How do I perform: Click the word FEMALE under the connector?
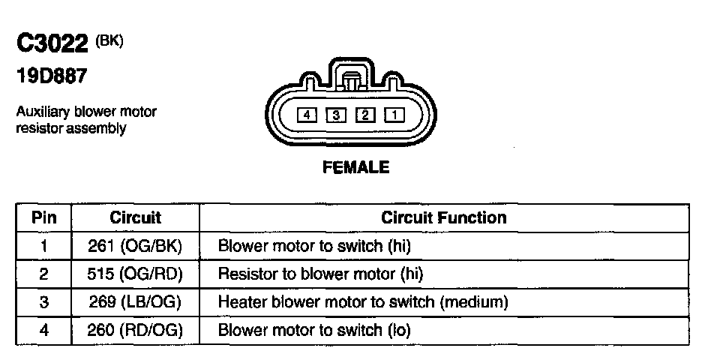[355, 167]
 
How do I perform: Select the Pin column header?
[43, 218]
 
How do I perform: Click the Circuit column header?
[136, 218]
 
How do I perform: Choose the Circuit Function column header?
[443, 218]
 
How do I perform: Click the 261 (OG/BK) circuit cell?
[136, 246]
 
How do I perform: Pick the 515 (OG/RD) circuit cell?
[136, 274]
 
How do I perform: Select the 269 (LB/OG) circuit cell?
[136, 302]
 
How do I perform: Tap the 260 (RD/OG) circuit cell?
[136, 330]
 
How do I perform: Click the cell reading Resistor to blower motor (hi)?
[320, 274]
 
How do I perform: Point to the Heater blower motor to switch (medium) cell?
[363, 302]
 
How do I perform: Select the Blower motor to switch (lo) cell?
[314, 330]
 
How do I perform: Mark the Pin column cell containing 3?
[43, 302]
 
